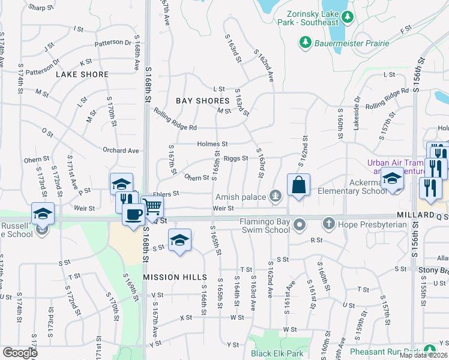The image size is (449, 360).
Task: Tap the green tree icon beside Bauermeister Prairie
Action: (306, 43)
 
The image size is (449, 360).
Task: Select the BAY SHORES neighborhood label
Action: (203, 101)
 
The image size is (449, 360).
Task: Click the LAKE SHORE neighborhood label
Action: (82, 74)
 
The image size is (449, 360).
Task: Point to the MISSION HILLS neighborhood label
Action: (175, 277)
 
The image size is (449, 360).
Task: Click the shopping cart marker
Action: (152, 207)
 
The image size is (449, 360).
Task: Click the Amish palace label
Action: (243, 197)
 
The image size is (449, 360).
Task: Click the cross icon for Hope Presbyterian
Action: (328, 224)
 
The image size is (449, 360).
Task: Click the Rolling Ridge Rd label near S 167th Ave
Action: (175, 119)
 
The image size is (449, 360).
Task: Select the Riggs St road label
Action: (236, 158)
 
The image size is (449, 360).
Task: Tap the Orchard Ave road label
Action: (121, 151)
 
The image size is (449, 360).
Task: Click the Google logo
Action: (20, 352)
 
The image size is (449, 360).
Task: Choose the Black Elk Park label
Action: (277, 353)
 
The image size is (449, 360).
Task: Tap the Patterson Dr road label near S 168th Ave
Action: (112, 43)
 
